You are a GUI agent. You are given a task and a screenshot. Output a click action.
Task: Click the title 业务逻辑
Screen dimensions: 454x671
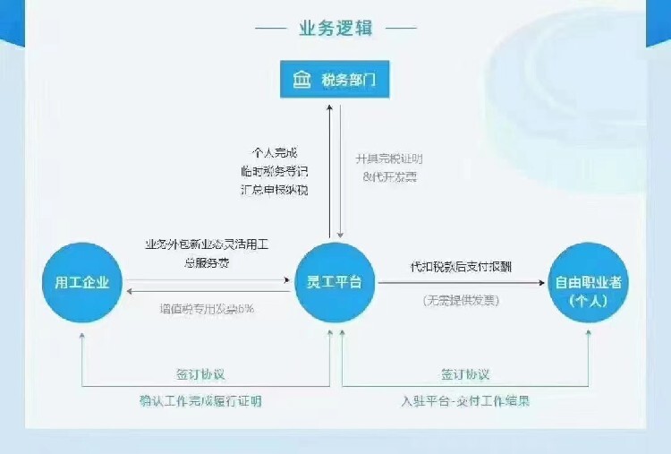[x=335, y=28]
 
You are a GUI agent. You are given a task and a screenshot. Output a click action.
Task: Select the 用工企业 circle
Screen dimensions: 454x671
[x=81, y=283]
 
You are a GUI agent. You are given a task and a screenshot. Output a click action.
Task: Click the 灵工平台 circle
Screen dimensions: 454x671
[x=335, y=283]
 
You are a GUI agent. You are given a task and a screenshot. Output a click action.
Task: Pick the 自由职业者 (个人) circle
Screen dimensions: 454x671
[x=588, y=288]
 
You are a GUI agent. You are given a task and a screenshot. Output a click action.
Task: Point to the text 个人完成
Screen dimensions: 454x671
[x=276, y=152]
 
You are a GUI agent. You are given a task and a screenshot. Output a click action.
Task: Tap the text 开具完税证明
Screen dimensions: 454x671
[x=386, y=159]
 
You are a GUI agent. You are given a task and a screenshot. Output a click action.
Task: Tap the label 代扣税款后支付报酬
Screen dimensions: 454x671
[x=461, y=268]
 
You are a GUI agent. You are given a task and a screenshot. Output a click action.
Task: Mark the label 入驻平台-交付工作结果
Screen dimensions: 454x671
[x=465, y=400]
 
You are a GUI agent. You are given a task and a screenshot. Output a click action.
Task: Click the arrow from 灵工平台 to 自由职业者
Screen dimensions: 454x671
[x=461, y=283]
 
